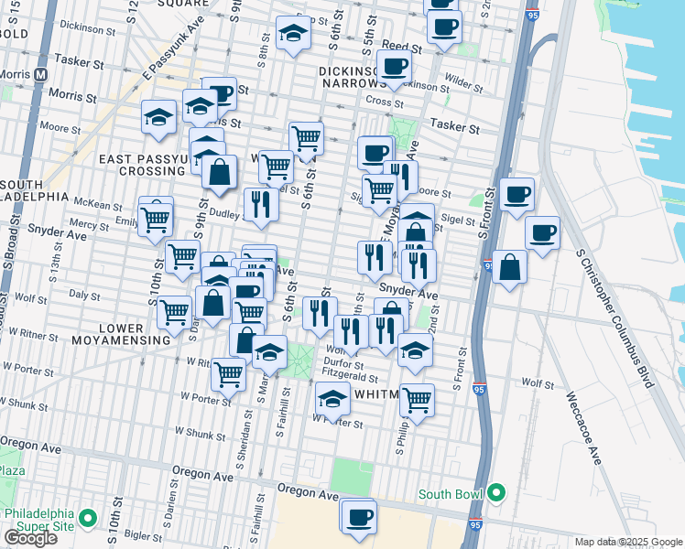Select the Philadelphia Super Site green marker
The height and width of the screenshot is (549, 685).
point(89,519)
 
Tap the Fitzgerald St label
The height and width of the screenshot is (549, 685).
point(353,376)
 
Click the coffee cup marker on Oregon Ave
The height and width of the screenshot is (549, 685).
point(358,515)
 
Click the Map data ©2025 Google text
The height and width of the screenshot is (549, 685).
point(627,542)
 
